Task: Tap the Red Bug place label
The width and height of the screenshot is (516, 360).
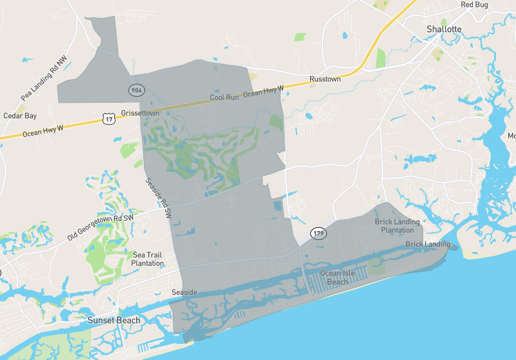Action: point(474,5)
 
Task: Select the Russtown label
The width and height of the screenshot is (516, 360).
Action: point(324,79)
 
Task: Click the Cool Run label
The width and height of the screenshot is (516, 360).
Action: point(224,97)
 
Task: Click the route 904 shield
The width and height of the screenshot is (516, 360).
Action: point(135,90)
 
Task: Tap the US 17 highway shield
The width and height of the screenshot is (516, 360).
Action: point(108,118)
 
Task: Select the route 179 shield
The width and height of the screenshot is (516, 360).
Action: point(317,233)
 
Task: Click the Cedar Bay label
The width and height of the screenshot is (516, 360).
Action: point(20,116)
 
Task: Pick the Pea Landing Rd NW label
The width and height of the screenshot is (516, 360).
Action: point(44,78)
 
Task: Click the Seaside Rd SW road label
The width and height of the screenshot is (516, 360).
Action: point(159,197)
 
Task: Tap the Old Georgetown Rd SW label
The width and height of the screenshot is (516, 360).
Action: point(102,224)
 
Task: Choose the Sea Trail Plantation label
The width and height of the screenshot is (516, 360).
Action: point(147,259)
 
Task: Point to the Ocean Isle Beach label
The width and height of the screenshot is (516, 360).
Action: point(337,277)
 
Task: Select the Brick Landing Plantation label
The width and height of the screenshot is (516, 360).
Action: point(397,226)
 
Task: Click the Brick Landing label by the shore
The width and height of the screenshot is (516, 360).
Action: point(428,245)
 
